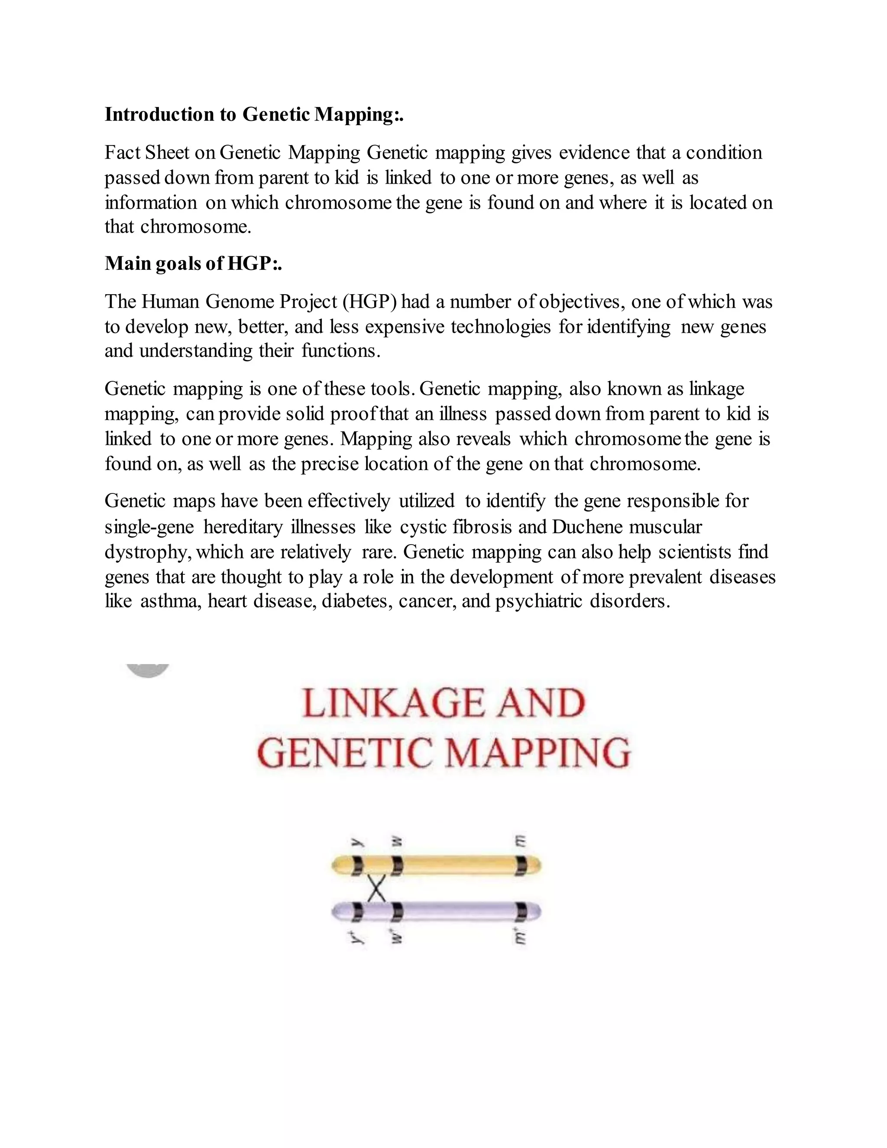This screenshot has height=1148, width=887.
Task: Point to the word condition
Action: click(x=724, y=153)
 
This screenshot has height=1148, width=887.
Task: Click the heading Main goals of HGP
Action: click(x=193, y=263)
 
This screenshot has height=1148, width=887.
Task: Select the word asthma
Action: click(x=170, y=601)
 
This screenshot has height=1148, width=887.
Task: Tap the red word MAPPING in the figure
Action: click(x=537, y=753)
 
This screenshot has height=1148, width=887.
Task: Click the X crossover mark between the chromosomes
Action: click(x=376, y=889)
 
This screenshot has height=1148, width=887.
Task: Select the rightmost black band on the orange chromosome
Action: click(x=521, y=865)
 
